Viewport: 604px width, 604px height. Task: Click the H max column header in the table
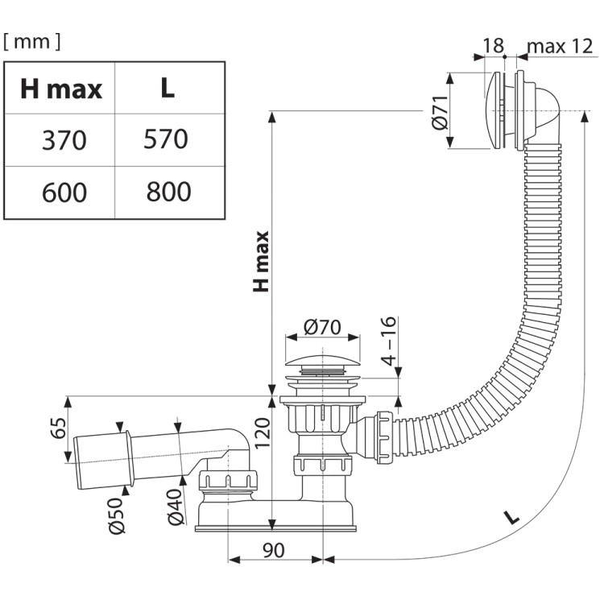click(61, 89)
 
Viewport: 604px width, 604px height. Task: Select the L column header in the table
click(168, 89)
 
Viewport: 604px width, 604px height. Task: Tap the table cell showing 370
click(64, 140)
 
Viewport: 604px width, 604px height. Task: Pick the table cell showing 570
click(166, 139)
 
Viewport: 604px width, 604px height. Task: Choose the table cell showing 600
click(64, 192)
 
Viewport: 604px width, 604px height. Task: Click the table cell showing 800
click(169, 192)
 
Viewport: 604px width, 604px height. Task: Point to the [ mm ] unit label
click(32, 41)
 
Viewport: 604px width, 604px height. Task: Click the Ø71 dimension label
click(440, 113)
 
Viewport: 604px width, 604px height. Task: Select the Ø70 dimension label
click(322, 328)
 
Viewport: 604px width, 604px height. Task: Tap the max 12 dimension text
click(560, 47)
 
